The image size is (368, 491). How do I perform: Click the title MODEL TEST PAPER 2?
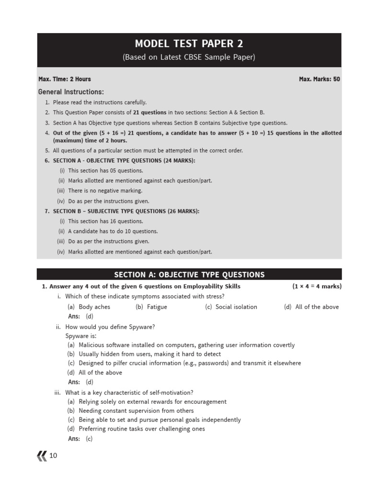(x=189, y=44)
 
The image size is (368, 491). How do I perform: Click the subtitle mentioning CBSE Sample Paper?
(x=189, y=58)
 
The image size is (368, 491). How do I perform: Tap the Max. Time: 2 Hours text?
(x=64, y=79)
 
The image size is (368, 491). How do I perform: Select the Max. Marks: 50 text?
(x=319, y=79)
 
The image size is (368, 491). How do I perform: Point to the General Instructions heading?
(x=71, y=92)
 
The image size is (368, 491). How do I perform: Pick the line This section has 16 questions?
(x=105, y=222)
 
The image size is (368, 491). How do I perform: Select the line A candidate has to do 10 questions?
(x=113, y=232)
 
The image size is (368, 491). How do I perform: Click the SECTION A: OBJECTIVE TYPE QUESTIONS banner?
(x=189, y=275)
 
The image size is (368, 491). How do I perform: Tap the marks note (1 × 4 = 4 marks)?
(x=317, y=286)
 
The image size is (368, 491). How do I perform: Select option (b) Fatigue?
(x=151, y=307)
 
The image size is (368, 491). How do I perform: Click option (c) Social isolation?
(x=231, y=307)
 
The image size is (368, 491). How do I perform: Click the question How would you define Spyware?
(x=110, y=327)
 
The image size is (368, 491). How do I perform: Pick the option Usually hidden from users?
(x=144, y=354)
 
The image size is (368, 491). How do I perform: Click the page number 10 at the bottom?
(x=53, y=456)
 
